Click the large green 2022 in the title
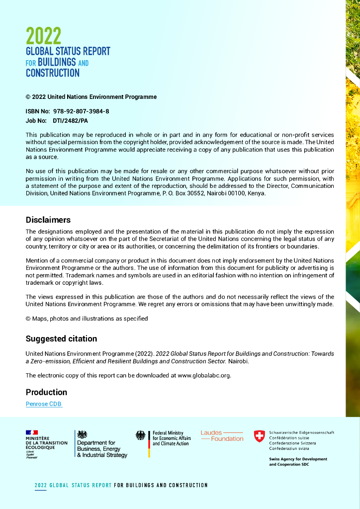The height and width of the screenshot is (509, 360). point(44,36)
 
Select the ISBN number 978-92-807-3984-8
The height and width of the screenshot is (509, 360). point(81,111)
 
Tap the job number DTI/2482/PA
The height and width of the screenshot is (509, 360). point(71,121)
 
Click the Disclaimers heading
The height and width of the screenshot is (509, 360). point(48,220)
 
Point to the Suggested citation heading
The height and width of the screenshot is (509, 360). point(61,339)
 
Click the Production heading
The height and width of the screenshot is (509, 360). point(46,392)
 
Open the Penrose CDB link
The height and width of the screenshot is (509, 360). point(44,404)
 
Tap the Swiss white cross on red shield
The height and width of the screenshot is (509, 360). point(259,436)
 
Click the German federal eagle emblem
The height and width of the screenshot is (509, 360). point(141,435)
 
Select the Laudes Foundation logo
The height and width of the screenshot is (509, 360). point(222,436)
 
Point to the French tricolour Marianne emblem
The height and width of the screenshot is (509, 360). point(32,432)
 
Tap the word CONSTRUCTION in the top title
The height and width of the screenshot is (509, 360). point(53,73)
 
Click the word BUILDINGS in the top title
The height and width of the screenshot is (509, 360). point(57,62)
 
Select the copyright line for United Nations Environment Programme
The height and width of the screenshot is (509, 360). point(91,97)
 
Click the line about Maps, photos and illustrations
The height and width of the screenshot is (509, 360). point(87,319)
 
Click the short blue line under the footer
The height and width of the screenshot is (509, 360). point(40,491)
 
